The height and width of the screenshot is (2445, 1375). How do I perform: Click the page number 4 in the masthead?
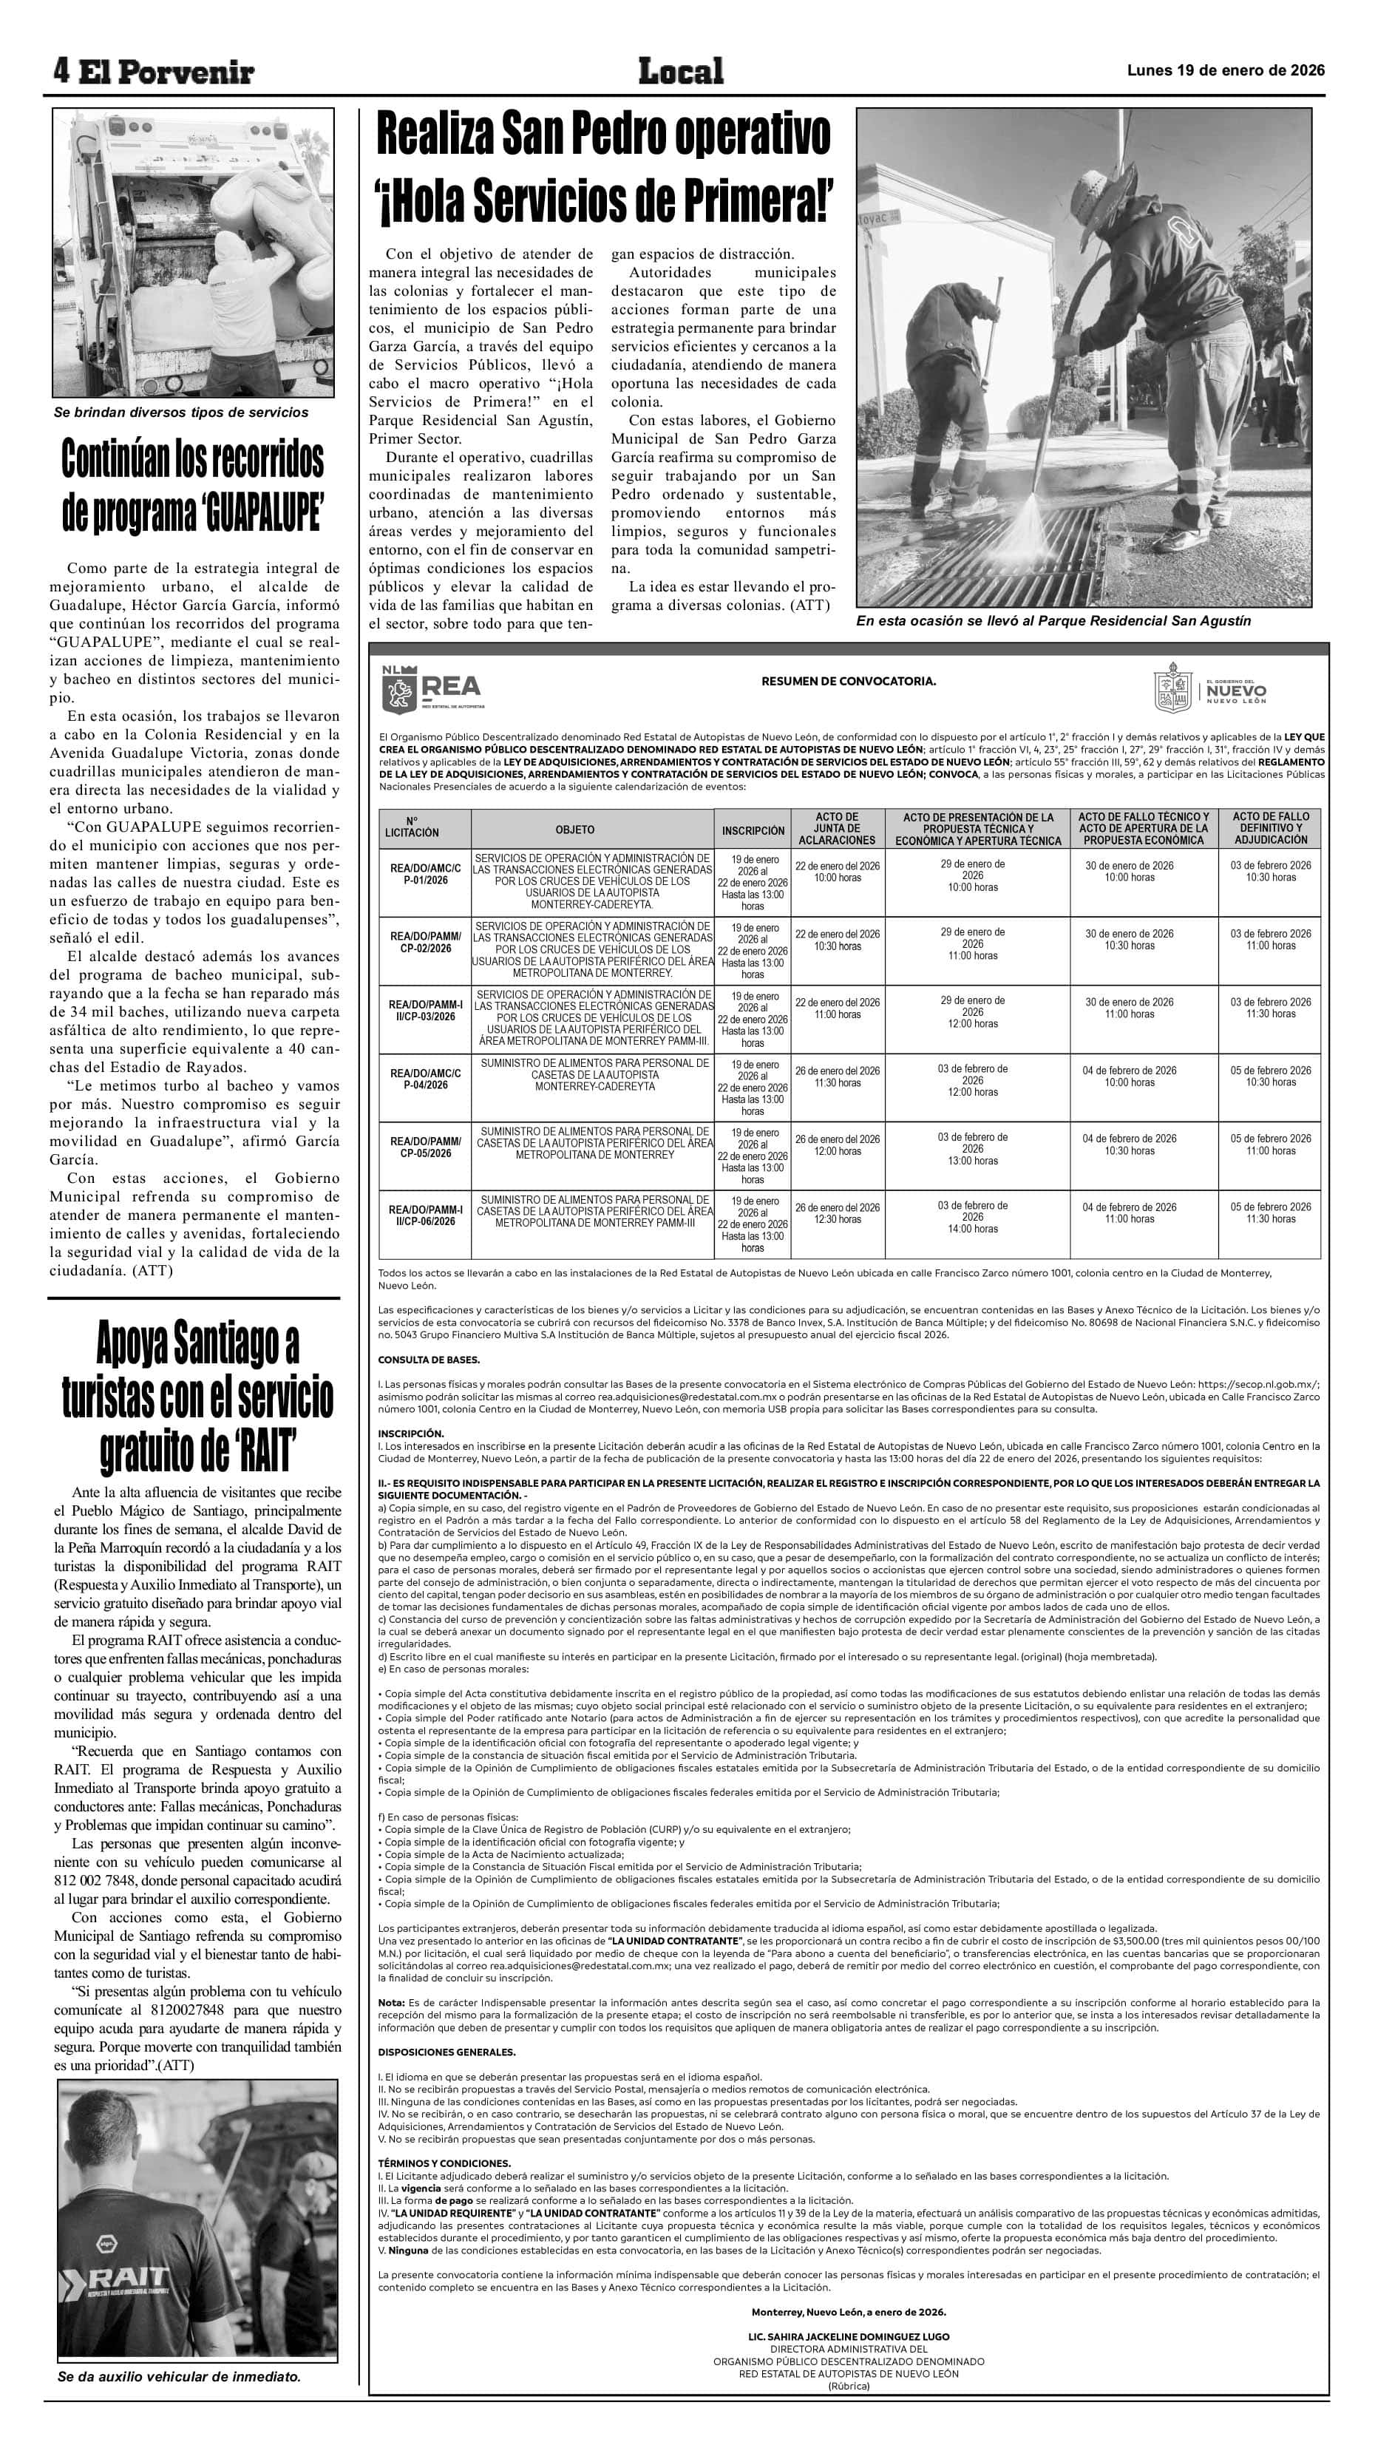coord(61,69)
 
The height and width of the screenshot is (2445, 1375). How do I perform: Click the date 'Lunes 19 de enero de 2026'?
coord(1225,70)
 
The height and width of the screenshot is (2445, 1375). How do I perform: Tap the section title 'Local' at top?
coord(680,70)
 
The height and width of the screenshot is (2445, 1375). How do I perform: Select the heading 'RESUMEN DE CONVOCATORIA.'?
coord(847,680)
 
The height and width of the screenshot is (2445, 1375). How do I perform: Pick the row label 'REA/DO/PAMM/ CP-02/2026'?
coord(425,942)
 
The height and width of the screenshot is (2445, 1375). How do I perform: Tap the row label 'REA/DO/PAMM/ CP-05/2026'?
coord(425,1147)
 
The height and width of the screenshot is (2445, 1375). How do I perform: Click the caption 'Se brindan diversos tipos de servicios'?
coord(180,412)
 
